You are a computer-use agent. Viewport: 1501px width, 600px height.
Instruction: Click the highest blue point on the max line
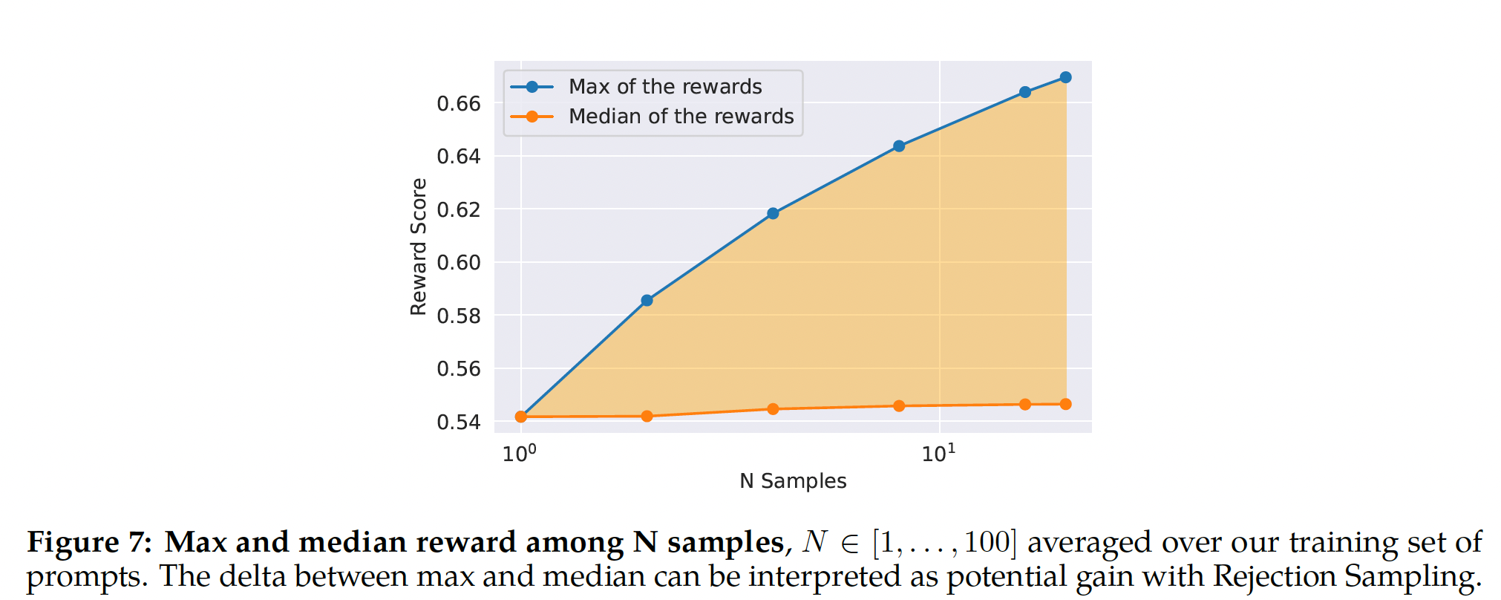(1065, 77)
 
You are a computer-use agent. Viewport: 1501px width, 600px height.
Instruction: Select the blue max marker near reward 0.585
(647, 301)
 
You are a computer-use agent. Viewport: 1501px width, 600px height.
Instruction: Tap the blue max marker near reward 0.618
(773, 214)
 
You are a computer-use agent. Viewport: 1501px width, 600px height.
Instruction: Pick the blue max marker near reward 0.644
(899, 146)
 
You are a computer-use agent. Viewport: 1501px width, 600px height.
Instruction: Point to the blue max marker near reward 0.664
(1025, 92)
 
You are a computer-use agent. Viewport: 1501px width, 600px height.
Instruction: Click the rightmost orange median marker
(1065, 404)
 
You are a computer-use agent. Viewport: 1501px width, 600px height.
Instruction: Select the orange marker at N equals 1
(521, 417)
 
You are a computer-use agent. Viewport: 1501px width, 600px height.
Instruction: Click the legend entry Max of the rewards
(664, 87)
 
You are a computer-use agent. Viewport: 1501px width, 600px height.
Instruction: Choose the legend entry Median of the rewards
(681, 117)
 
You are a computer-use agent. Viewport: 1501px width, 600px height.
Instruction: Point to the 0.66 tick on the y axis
(459, 104)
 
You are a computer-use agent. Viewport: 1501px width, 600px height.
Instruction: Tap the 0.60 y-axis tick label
(459, 263)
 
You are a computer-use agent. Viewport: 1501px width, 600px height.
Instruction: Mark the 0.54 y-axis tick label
(459, 423)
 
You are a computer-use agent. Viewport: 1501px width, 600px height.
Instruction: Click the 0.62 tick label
(459, 210)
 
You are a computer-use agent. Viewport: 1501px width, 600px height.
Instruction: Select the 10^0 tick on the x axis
(519, 453)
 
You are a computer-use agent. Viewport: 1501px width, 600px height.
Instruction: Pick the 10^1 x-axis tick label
(938, 453)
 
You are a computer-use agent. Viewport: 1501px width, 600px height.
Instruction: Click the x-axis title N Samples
(793, 481)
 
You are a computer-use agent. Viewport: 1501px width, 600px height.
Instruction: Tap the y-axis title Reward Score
(419, 247)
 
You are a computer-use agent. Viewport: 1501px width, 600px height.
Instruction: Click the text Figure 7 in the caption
(89, 542)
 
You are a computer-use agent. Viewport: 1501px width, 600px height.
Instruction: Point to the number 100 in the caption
(987, 542)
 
